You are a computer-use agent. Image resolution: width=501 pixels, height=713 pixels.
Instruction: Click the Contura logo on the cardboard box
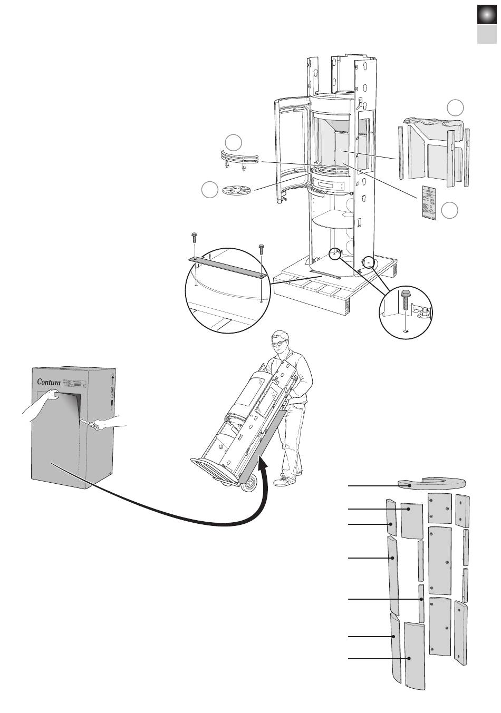coord(46,382)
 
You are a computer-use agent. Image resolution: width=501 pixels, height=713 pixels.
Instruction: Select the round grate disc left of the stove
coord(236,190)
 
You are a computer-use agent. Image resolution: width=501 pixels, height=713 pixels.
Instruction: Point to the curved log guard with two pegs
coord(240,158)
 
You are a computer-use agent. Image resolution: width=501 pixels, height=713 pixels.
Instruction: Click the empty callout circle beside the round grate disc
coord(210,190)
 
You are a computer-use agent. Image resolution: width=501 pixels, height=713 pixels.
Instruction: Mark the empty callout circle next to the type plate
coord(450,210)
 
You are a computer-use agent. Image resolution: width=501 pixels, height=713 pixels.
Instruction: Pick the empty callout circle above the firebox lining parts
coord(456,108)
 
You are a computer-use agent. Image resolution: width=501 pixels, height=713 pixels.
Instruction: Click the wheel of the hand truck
coord(249,483)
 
